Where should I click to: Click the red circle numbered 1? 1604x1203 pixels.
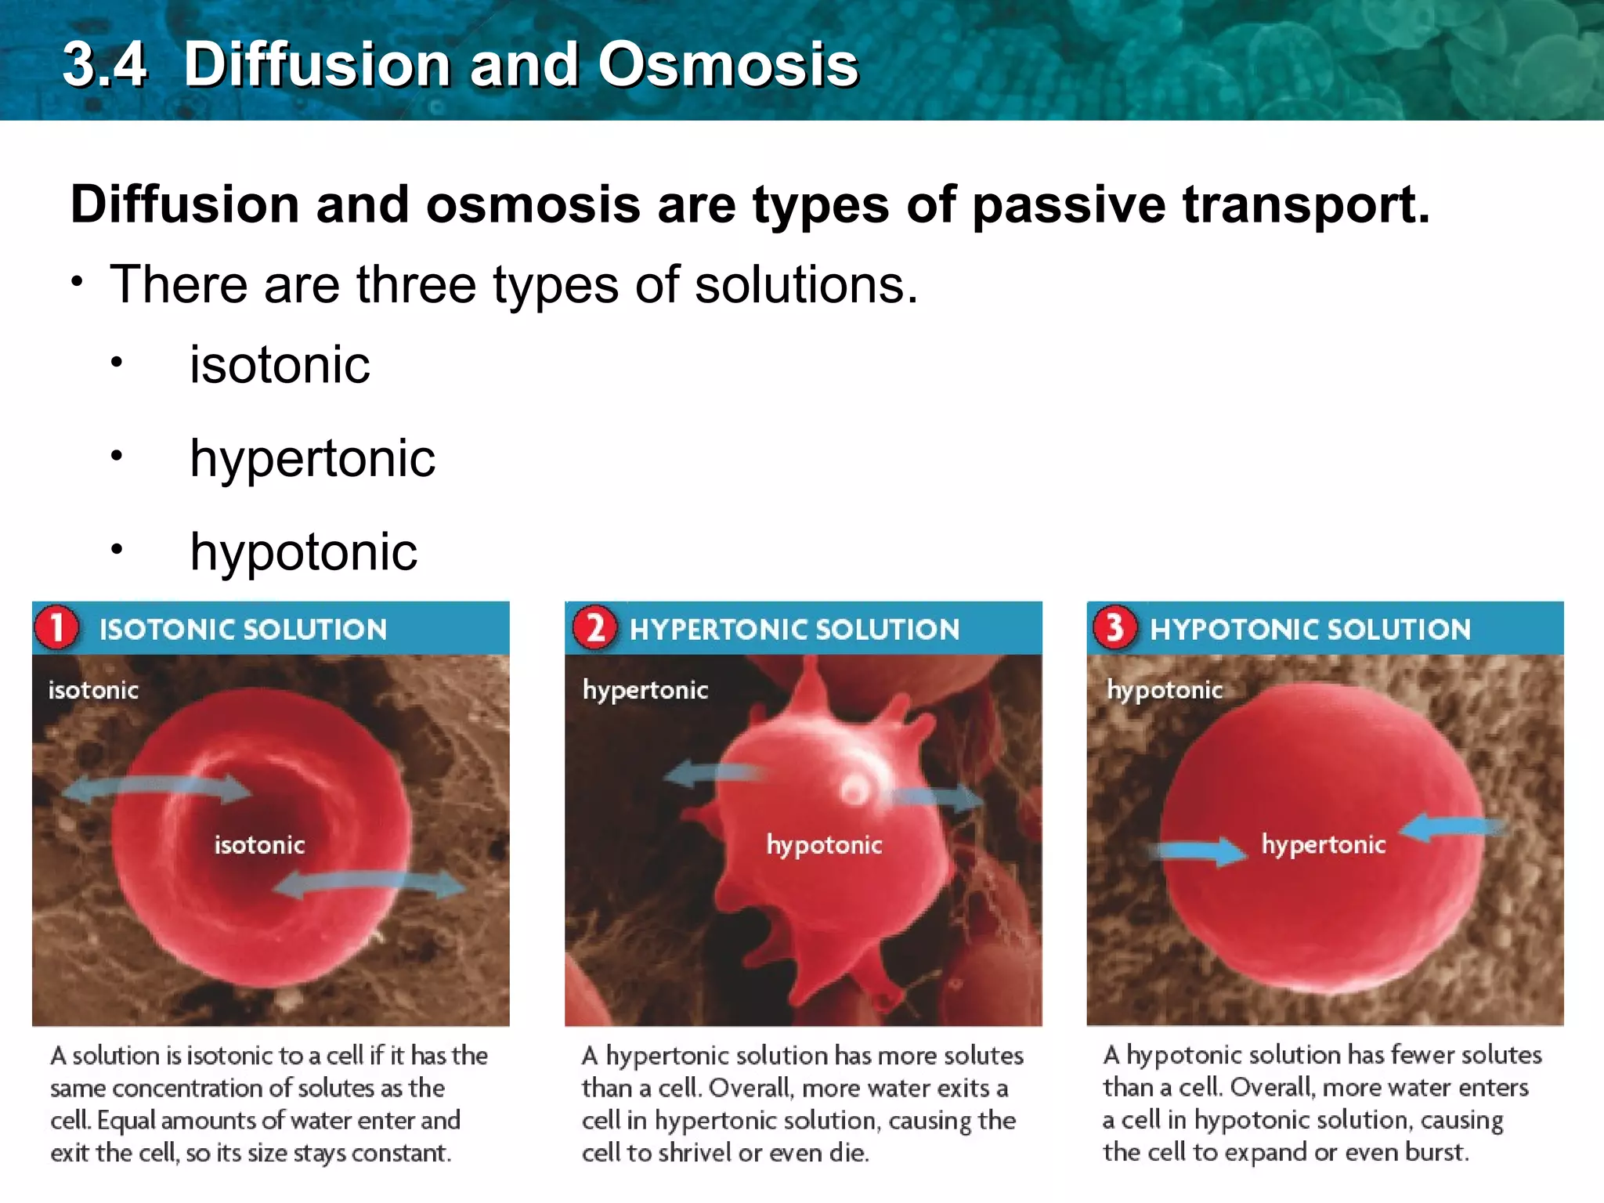[56, 627]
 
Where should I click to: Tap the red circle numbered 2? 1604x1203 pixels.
[594, 627]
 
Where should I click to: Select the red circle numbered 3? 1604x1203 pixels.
[1114, 627]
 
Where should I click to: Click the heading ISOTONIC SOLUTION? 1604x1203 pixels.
[243, 630]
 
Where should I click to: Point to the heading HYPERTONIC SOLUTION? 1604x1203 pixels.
[794, 630]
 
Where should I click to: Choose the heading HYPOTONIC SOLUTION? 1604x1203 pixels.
[1310, 630]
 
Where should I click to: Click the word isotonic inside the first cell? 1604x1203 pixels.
[259, 844]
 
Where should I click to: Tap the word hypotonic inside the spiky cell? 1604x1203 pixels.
[824, 844]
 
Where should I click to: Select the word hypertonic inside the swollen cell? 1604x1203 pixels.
[1323, 844]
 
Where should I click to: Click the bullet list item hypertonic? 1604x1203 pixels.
[312, 458]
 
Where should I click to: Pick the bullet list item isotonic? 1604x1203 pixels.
[280, 365]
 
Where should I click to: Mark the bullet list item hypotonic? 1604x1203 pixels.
[303, 552]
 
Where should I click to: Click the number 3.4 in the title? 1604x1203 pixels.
[104, 64]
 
